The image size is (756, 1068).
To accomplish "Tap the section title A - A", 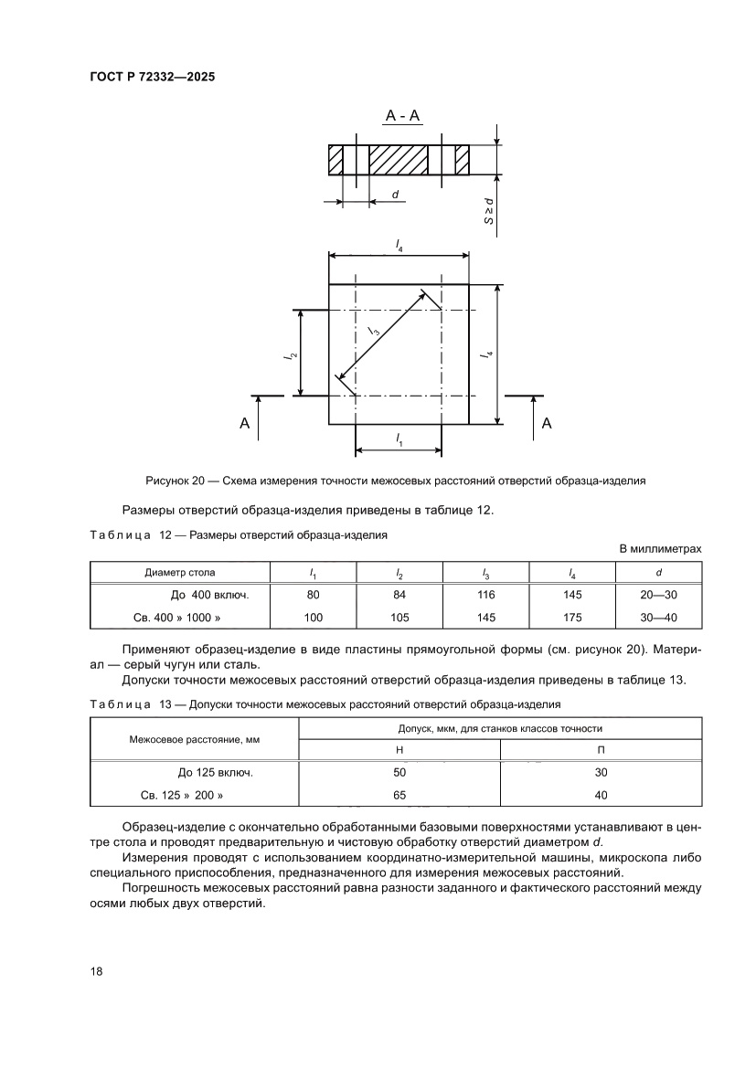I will (402, 116).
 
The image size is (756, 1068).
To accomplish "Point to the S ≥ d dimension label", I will (489, 210).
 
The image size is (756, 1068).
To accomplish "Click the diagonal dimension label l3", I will (375, 332).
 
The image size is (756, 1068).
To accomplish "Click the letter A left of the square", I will (244, 423).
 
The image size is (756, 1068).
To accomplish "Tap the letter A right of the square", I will (547, 423).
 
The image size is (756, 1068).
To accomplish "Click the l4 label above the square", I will (399, 244).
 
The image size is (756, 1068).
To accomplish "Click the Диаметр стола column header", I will (180, 573).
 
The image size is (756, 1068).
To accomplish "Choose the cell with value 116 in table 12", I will (485, 594).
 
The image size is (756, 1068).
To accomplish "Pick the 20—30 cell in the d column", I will (659, 594).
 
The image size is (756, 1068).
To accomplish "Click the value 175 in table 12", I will (572, 618).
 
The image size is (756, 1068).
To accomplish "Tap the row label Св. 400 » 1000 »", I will (178, 618).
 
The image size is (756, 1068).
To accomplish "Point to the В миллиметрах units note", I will (660, 548).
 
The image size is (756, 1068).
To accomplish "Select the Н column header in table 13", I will (399, 749).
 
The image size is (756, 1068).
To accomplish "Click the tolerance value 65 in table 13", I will (399, 795).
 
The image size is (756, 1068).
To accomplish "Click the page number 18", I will (96, 971).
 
